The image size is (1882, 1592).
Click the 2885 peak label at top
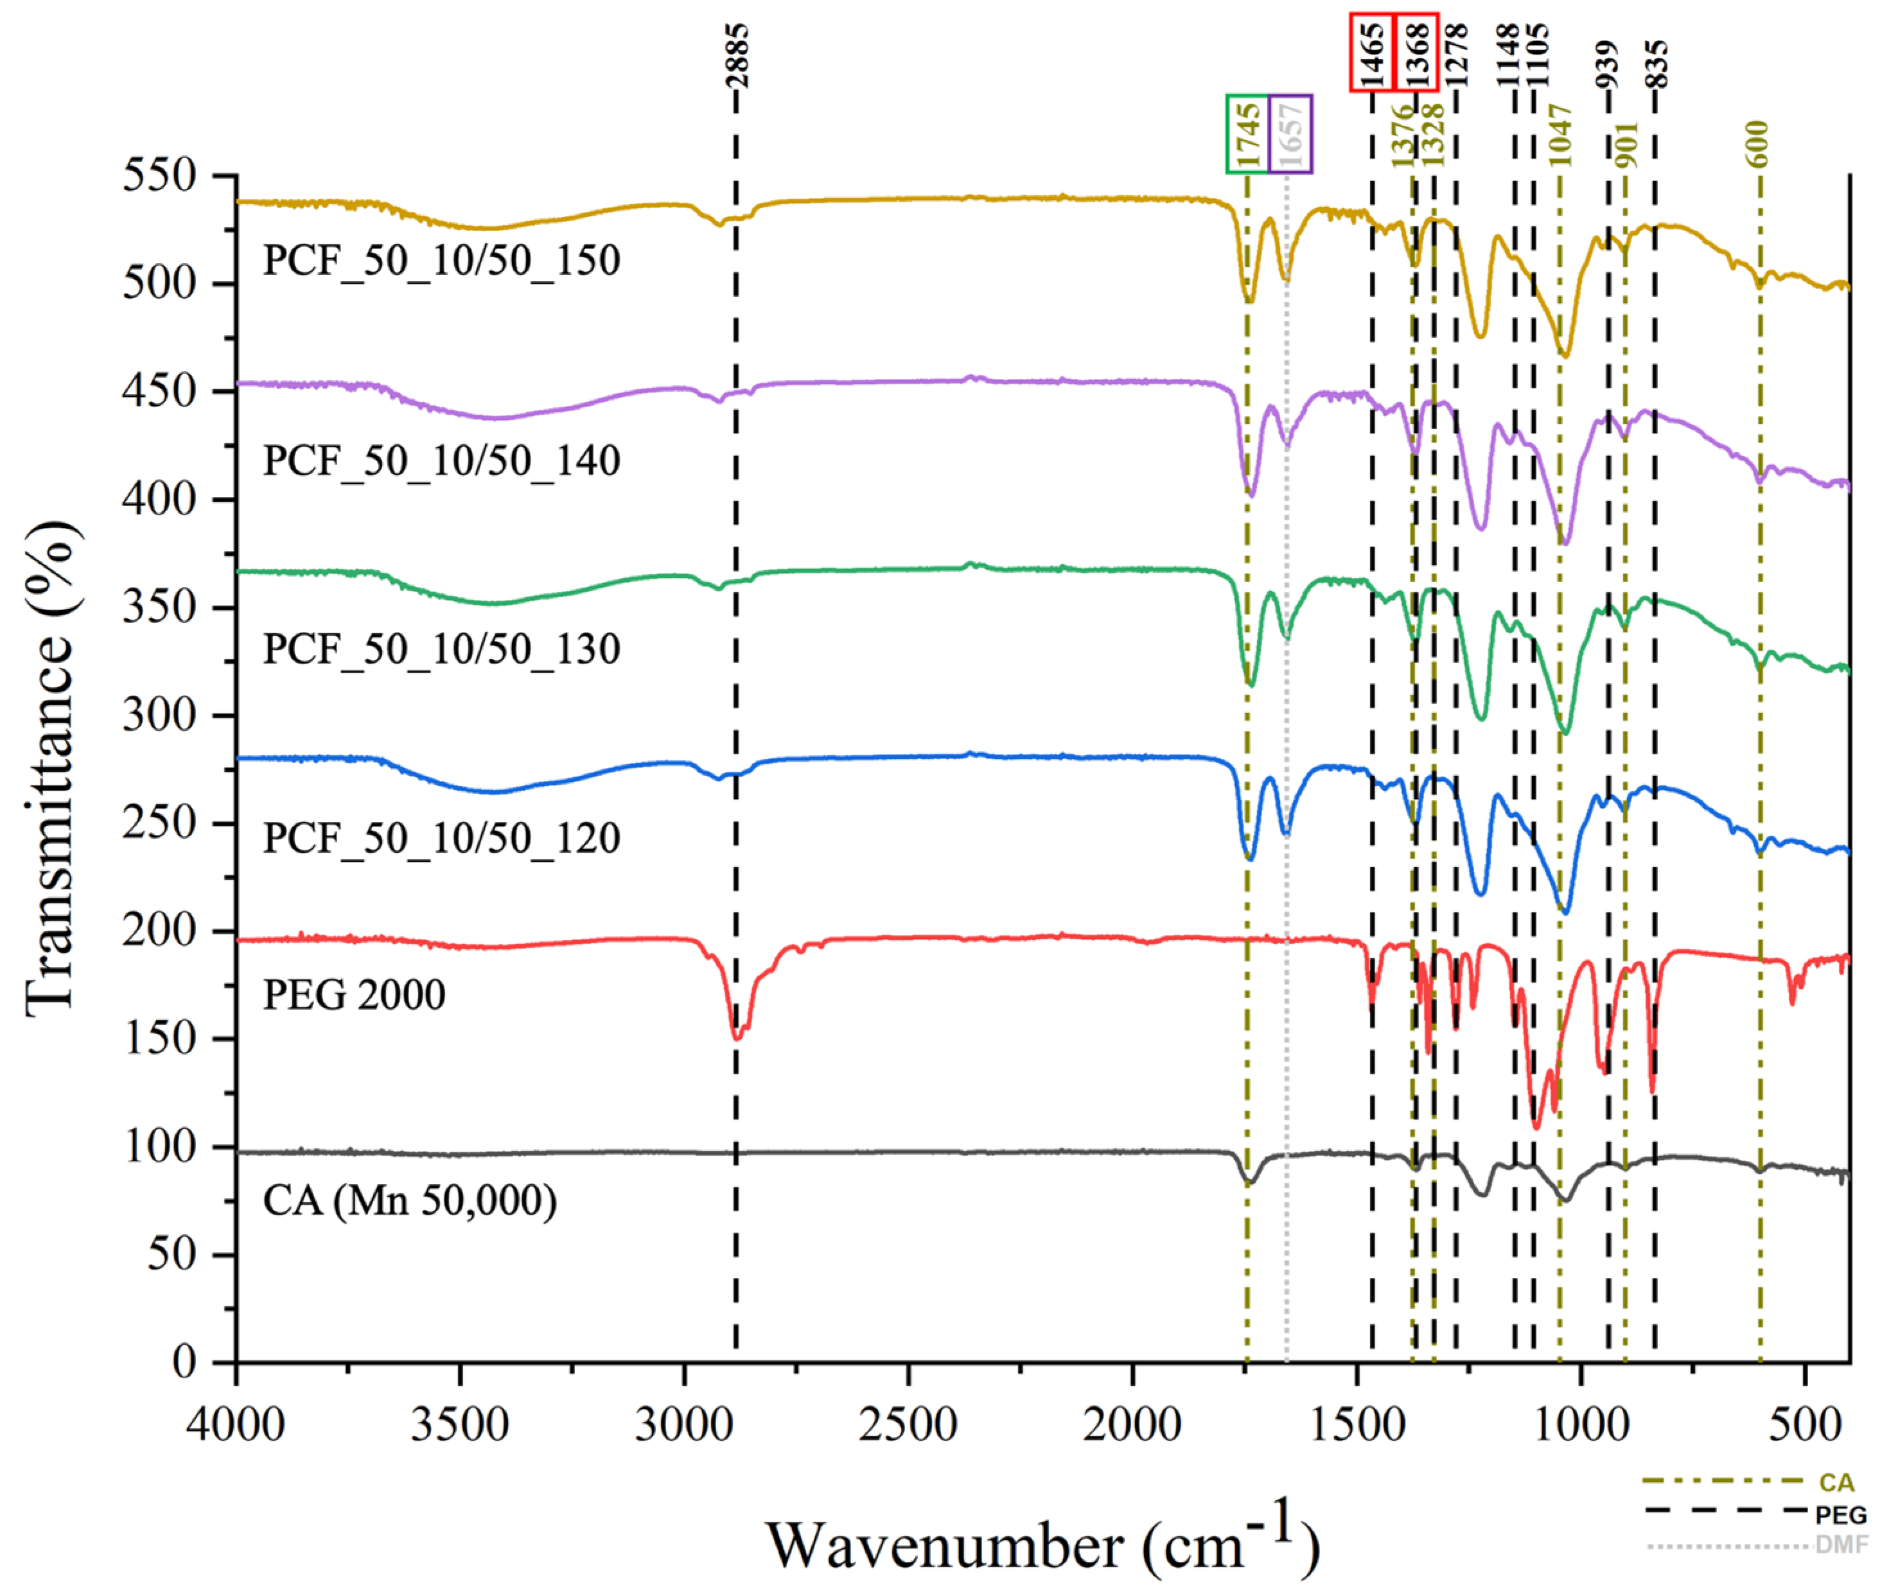tap(737, 56)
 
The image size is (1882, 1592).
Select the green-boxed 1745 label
tap(1247, 134)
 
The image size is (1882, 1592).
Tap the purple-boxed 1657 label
tap(1290, 134)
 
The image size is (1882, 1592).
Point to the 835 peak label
tap(1657, 63)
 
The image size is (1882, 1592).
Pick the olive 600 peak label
tap(1757, 144)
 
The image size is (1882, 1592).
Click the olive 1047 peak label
tap(1561, 136)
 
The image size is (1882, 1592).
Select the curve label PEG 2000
tap(354, 995)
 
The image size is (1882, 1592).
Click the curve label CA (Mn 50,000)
tap(409, 1201)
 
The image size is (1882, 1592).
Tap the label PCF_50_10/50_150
tap(441, 261)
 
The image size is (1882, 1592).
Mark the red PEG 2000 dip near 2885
tap(737, 1038)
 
